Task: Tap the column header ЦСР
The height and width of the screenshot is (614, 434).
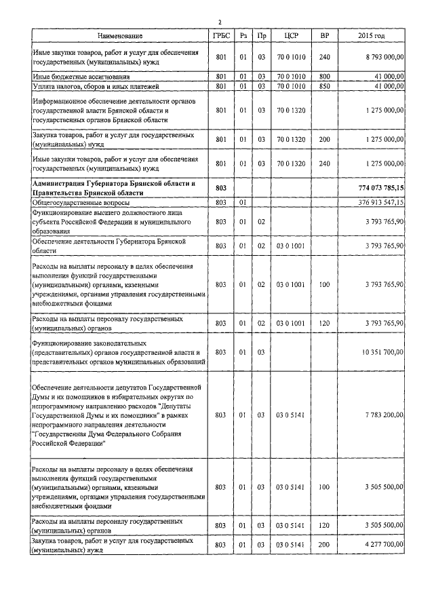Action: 292,35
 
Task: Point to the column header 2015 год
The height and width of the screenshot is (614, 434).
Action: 371,35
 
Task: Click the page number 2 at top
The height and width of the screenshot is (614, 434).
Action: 219,22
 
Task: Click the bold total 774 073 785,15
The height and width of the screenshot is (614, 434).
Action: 380,187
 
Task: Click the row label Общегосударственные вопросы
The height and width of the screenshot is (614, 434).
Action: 81,202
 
